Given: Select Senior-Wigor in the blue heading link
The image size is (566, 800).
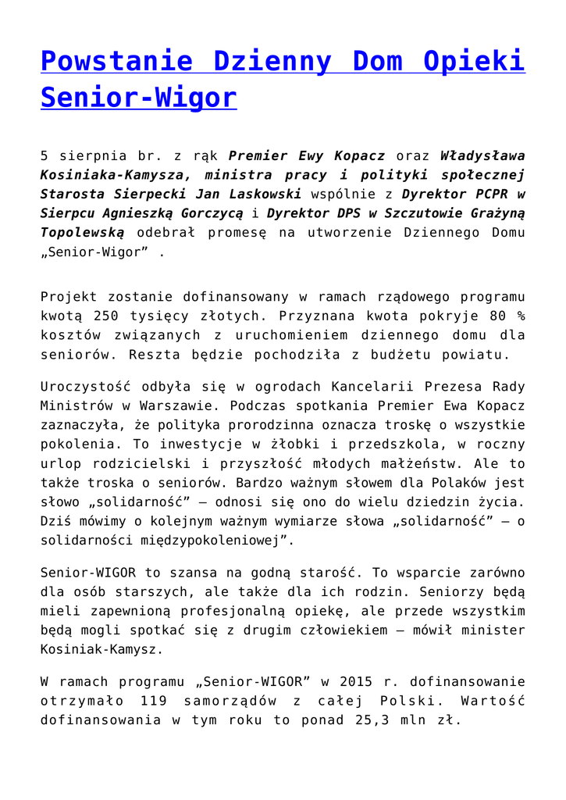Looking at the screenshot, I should pos(138,98).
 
